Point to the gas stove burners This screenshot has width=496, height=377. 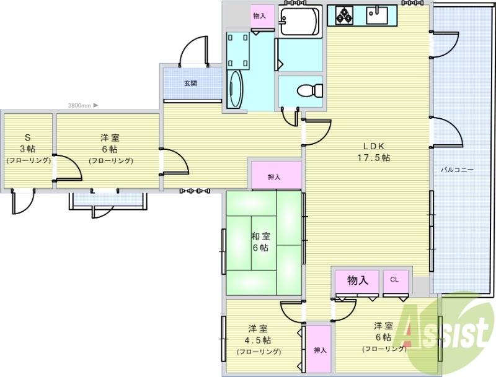point(345,14)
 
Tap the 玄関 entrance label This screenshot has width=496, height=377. point(190,83)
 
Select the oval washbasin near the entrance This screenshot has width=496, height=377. point(236,90)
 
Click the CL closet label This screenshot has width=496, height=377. point(394,280)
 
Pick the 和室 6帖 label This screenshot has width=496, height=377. point(260,241)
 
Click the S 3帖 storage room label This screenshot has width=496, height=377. point(27,149)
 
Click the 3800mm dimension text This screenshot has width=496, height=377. point(80,106)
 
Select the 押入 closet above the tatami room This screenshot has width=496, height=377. point(275,177)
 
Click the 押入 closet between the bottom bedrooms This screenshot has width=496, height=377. point(319,350)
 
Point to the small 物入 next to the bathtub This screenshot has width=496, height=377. point(259,15)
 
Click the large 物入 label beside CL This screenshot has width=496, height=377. point(358,280)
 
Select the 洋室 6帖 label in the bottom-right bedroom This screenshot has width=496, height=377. point(383,331)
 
